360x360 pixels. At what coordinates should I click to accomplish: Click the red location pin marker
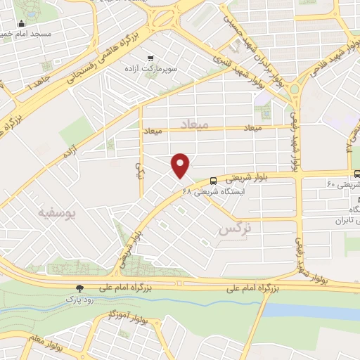(x=181, y=165)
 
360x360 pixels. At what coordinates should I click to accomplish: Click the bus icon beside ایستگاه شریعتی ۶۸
(x=213, y=180)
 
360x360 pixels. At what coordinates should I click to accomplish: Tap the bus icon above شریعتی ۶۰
(x=357, y=174)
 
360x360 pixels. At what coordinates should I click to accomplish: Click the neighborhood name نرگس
(x=230, y=230)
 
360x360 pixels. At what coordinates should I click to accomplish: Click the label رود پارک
(x=80, y=299)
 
